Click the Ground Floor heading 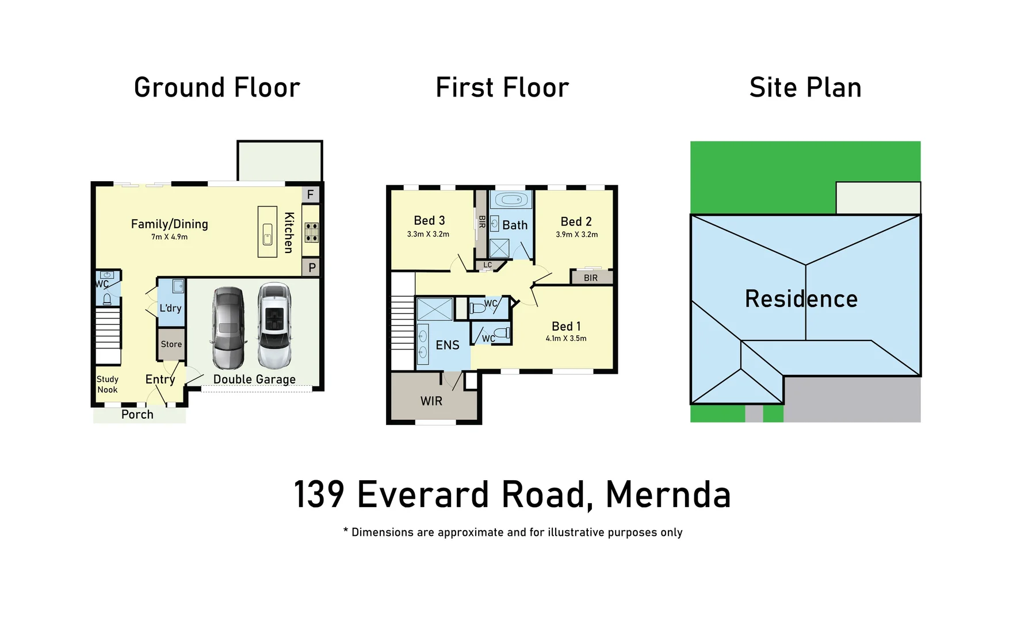click(x=217, y=88)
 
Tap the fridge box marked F click(x=311, y=194)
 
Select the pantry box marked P click(x=312, y=268)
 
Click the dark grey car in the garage click(x=228, y=328)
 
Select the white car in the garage click(x=274, y=325)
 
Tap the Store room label click(x=171, y=344)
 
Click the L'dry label click(x=170, y=308)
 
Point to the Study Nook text click(x=108, y=385)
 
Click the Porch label click(x=137, y=415)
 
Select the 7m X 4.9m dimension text click(x=170, y=237)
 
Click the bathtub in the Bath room click(x=511, y=201)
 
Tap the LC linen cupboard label click(x=487, y=265)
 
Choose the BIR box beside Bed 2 click(x=591, y=278)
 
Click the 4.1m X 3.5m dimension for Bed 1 click(x=566, y=339)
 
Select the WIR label click(x=431, y=401)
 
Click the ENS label click(x=447, y=345)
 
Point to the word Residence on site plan click(x=801, y=299)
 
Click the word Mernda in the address click(x=668, y=494)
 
